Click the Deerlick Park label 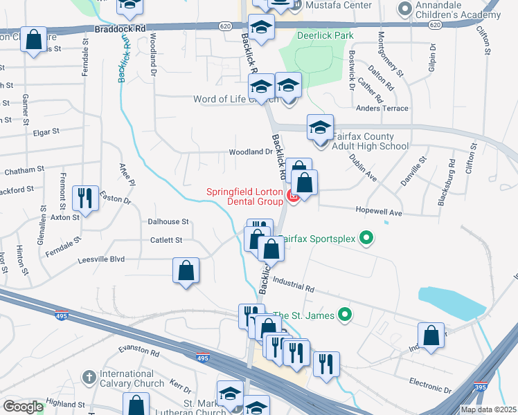point(315,35)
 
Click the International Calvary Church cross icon point(88,377)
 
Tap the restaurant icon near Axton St point(85,199)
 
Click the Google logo point(22,407)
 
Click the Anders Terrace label point(382,108)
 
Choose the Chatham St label point(24,169)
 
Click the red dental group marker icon point(293,198)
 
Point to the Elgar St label point(46,130)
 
